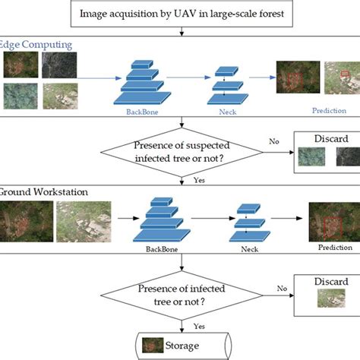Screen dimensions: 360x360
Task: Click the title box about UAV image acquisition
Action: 180,13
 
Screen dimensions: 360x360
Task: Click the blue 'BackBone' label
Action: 144,111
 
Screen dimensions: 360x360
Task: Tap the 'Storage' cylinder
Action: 181,346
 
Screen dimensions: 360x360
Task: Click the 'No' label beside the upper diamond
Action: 275,141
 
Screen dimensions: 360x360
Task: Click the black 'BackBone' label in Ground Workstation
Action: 164,248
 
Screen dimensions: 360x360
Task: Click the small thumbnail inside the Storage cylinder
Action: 155,346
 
